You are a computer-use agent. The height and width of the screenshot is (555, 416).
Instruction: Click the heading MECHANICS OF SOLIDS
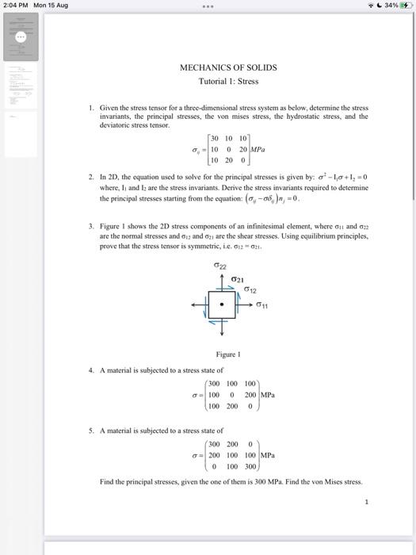coord(228,68)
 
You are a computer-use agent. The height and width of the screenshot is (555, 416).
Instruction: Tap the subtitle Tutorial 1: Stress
coord(228,81)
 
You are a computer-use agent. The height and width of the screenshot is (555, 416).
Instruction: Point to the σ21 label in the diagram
coord(237,280)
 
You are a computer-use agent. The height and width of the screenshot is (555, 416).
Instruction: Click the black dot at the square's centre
coord(223,304)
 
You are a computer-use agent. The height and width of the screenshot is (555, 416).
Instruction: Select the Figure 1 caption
coord(228,354)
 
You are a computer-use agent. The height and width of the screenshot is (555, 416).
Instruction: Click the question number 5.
coord(91,431)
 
